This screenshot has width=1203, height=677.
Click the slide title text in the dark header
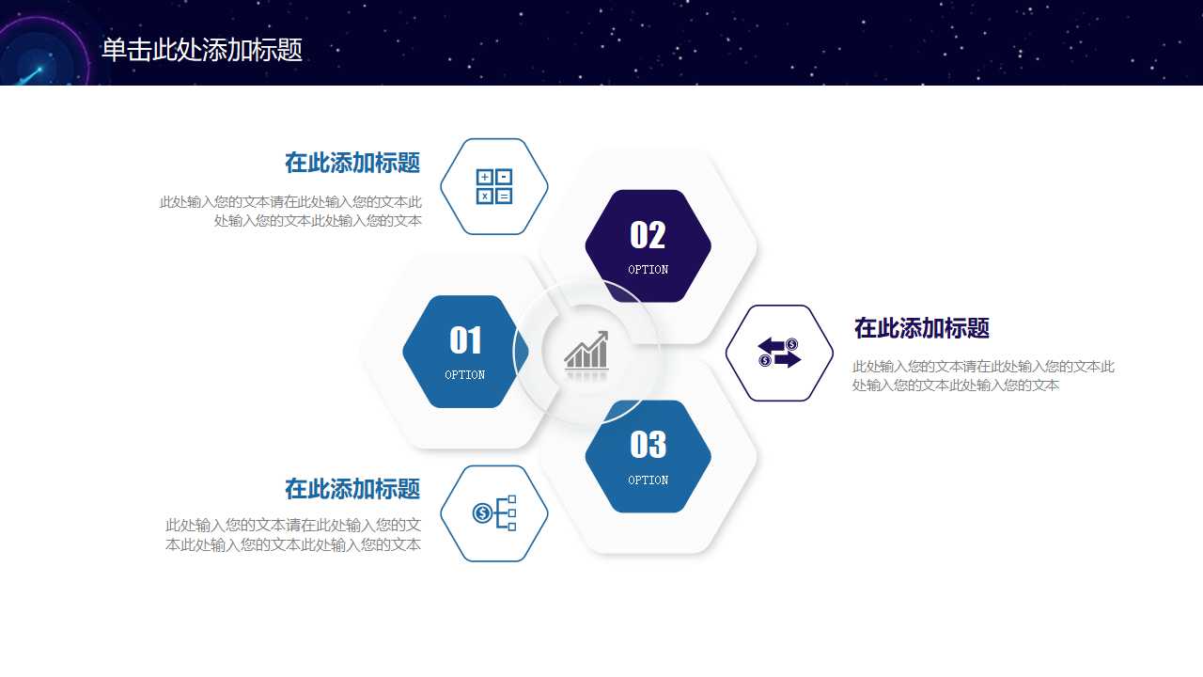(x=202, y=50)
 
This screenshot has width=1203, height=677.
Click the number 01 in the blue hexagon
(x=465, y=340)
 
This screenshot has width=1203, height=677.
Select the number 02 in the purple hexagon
(x=648, y=235)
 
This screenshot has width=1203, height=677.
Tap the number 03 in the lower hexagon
(x=648, y=445)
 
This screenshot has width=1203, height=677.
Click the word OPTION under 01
(x=465, y=375)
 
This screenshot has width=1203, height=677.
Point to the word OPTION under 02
(x=648, y=270)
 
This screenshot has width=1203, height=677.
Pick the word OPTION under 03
(x=648, y=480)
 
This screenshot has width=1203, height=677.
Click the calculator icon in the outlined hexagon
(x=494, y=186)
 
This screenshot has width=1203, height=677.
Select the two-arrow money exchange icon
(x=779, y=353)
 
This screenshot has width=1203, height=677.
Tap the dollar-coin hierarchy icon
(x=494, y=513)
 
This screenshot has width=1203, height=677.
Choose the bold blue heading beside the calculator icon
(x=352, y=163)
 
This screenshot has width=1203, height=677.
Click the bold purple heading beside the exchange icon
(x=921, y=328)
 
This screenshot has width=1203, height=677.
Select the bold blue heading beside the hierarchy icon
(x=352, y=489)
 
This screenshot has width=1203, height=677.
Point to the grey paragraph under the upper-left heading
(x=291, y=212)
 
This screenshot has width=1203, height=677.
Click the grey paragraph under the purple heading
(x=983, y=376)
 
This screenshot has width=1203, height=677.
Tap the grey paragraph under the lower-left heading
(x=293, y=535)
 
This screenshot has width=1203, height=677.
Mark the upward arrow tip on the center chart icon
(x=603, y=335)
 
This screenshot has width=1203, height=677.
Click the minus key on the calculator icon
(x=505, y=177)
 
